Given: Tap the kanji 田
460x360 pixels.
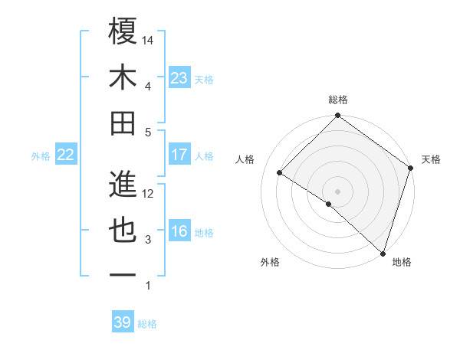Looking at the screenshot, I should point(123,123).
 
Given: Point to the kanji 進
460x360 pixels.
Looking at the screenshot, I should point(123,183).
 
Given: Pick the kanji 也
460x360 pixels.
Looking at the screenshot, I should point(123,230).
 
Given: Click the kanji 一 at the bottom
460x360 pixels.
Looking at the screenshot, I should point(123,275).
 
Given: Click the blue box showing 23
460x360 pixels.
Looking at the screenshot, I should point(179,77).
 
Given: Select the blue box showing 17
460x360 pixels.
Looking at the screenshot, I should point(179,154).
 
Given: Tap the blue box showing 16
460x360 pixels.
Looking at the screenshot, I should point(179,231).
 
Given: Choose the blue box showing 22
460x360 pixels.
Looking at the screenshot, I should point(65,155).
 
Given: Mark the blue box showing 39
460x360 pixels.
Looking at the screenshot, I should point(122,322).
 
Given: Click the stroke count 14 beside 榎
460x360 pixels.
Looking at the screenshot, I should point(148,40).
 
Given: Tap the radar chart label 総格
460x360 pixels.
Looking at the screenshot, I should point(338,100).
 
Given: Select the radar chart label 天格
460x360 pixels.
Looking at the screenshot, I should point(431,159).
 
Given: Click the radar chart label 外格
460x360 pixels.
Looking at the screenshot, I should point(269,262).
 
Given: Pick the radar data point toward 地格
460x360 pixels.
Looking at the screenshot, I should point(383,252).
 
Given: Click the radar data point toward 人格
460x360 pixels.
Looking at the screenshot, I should point(280,172).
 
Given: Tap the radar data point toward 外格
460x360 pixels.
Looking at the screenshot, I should point(329,204).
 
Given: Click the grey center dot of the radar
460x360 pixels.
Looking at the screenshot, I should point(337,191).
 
